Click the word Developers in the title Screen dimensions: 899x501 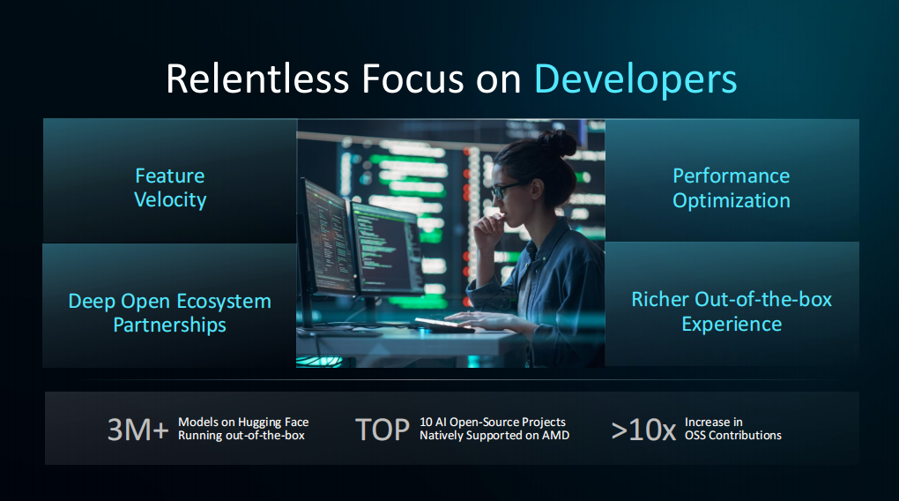[635, 79]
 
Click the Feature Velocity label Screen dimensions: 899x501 [170, 188]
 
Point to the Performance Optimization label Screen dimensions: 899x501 [731, 188]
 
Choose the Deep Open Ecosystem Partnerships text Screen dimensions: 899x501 [170, 313]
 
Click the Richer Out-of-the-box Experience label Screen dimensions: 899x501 [732, 311]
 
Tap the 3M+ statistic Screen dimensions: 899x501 [138, 430]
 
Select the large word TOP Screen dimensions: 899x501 [383, 430]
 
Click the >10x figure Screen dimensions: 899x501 [644, 430]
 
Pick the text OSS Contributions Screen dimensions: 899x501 [732, 436]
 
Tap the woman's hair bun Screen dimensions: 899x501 [558, 143]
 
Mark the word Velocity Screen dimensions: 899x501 [170, 199]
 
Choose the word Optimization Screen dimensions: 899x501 [732, 201]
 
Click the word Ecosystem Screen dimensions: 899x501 [224, 302]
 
